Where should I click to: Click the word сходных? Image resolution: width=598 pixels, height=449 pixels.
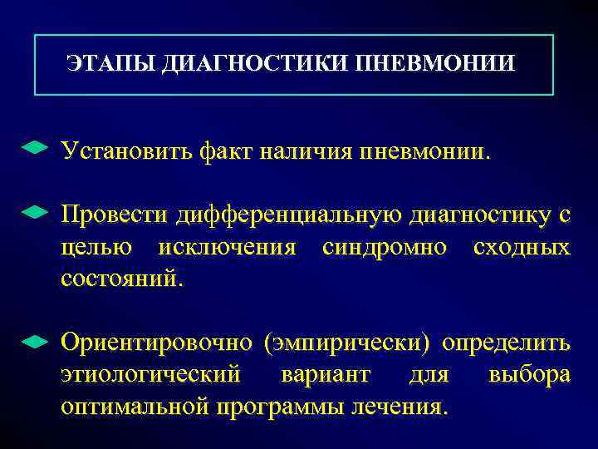click(x=521, y=248)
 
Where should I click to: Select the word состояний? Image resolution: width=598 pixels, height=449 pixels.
click(x=119, y=279)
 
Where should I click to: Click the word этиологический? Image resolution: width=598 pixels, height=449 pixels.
click(x=150, y=375)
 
